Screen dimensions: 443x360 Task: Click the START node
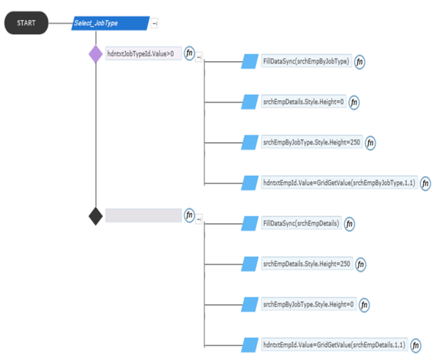[26, 23]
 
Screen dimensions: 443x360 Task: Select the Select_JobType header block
[110, 23]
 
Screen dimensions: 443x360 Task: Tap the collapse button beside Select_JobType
[155, 24]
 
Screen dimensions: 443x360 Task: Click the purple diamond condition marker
[96, 54]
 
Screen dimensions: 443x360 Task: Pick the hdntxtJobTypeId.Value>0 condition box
[144, 54]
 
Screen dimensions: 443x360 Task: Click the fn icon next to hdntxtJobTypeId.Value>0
[189, 54]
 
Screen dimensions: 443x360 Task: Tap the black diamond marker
[96, 216]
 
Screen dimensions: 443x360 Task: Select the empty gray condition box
[144, 216]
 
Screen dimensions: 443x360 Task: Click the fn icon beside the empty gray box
[189, 216]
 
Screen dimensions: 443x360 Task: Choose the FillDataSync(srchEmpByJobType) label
[307, 61]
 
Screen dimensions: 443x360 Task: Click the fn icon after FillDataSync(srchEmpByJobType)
[360, 62]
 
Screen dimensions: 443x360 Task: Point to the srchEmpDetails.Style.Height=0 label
[304, 102]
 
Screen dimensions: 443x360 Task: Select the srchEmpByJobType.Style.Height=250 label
[312, 142]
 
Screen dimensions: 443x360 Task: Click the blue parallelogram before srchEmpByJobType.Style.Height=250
[249, 142]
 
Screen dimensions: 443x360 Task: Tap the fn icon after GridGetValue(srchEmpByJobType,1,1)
[425, 183]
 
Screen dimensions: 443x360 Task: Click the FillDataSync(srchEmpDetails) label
[301, 223]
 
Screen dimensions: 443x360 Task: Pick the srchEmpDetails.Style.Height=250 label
[307, 264]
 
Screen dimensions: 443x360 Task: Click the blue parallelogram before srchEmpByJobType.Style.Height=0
[249, 305]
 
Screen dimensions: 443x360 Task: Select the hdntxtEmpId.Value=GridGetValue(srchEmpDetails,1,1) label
[334, 345]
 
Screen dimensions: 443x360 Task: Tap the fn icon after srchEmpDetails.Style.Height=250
[360, 264]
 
